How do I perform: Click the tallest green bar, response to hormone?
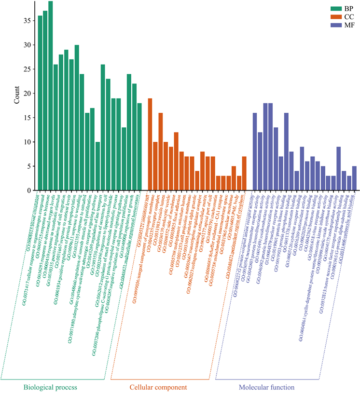coord(51,96)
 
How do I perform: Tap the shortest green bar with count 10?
coord(98,166)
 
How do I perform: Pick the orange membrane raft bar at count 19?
coord(150,144)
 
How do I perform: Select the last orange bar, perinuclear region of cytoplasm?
coord(244,173)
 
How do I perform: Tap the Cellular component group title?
coord(158,387)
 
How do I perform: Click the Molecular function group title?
coord(267,387)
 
